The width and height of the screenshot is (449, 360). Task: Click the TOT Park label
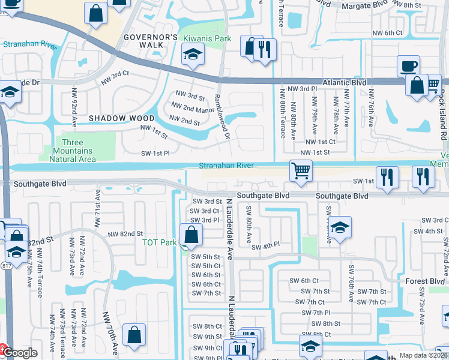(159, 243)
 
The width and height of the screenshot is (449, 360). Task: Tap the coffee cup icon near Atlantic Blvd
(408, 66)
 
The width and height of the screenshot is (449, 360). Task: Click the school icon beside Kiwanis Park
(192, 55)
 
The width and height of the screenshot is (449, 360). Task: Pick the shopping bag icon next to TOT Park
(191, 235)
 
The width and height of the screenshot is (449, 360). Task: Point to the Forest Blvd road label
(429, 281)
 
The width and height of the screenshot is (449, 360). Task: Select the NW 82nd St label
(125, 233)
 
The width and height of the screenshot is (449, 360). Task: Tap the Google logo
(19, 353)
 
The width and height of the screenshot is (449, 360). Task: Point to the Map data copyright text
(424, 355)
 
